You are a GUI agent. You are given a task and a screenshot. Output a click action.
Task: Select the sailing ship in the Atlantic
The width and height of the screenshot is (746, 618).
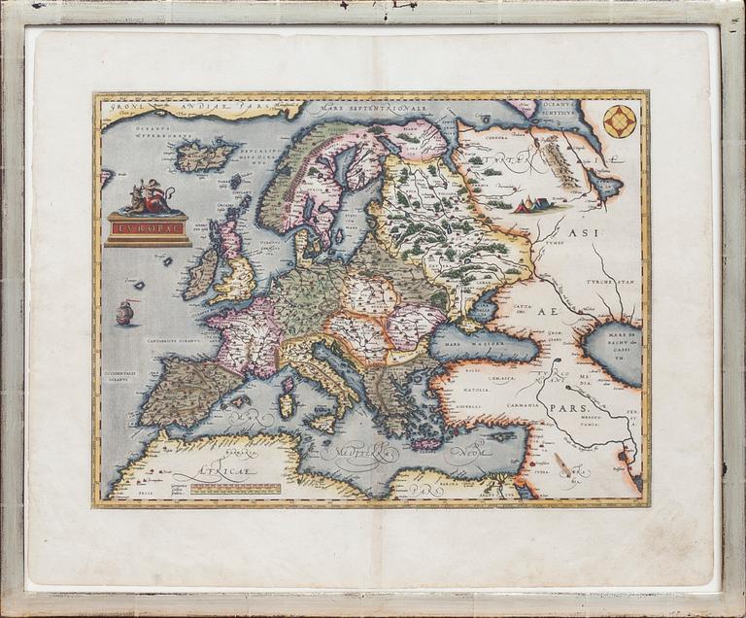tap(124, 313)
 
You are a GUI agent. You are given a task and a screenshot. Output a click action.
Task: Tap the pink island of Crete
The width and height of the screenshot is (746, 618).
tap(426, 444)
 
